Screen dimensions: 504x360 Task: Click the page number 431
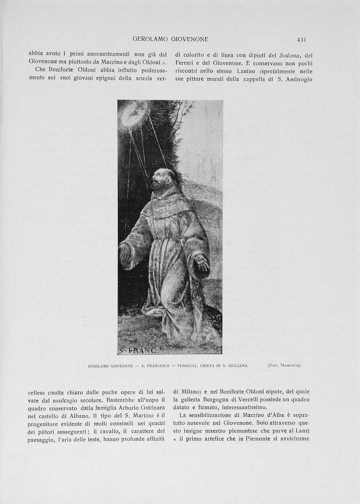(x=302, y=39)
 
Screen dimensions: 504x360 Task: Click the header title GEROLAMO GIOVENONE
(x=170, y=39)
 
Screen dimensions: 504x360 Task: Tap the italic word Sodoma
(x=290, y=55)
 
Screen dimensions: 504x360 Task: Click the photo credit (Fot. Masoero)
(x=284, y=365)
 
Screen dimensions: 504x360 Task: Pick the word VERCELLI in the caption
(x=190, y=365)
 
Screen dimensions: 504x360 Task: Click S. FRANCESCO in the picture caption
(x=155, y=365)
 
